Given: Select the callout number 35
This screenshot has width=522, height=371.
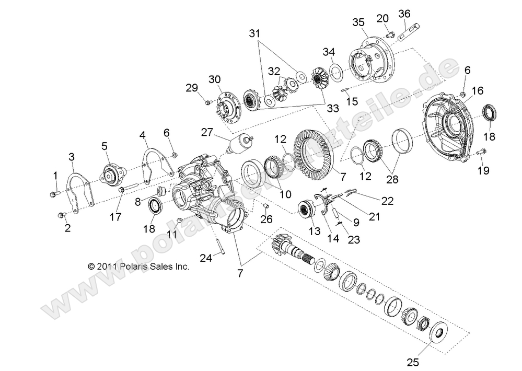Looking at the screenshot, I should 357,22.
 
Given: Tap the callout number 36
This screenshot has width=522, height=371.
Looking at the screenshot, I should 404,14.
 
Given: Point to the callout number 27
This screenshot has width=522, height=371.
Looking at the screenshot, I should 208,133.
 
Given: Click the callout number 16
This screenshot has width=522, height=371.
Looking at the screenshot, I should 477,91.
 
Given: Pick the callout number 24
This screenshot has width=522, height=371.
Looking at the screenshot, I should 207,257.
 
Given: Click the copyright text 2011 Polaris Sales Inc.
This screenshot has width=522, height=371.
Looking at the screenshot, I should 138,266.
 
